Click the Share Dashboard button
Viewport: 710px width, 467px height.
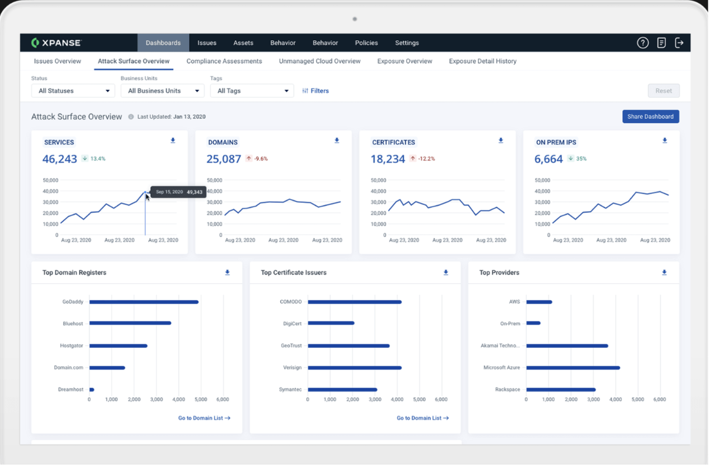pyautogui.click(x=651, y=116)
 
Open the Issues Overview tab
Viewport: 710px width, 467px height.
pyautogui.click(x=57, y=61)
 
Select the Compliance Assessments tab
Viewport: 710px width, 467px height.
pyautogui.click(x=224, y=61)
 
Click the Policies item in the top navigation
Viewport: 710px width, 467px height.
pyautogui.click(x=366, y=43)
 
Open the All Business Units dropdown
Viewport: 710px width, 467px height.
pyautogui.click(x=162, y=91)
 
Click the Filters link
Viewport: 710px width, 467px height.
pyautogui.click(x=315, y=91)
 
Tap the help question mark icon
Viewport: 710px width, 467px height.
pyautogui.click(x=643, y=43)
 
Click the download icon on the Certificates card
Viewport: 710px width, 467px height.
pyautogui.click(x=500, y=141)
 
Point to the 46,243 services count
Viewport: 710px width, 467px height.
pyautogui.click(x=59, y=159)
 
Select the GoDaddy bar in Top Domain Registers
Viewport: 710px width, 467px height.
pyautogui.click(x=144, y=302)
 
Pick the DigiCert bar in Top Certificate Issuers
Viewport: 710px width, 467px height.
pyautogui.click(x=331, y=323)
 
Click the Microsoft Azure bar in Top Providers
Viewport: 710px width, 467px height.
pyautogui.click(x=573, y=368)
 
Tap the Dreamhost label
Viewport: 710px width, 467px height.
pyautogui.click(x=71, y=390)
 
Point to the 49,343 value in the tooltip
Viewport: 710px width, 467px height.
pyautogui.click(x=194, y=192)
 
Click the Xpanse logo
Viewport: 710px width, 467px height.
pyautogui.click(x=57, y=43)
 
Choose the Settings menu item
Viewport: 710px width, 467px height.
pyautogui.click(x=407, y=43)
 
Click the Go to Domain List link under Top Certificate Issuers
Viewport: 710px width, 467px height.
pyautogui.click(x=422, y=418)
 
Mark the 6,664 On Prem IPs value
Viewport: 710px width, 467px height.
pyautogui.click(x=548, y=159)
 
